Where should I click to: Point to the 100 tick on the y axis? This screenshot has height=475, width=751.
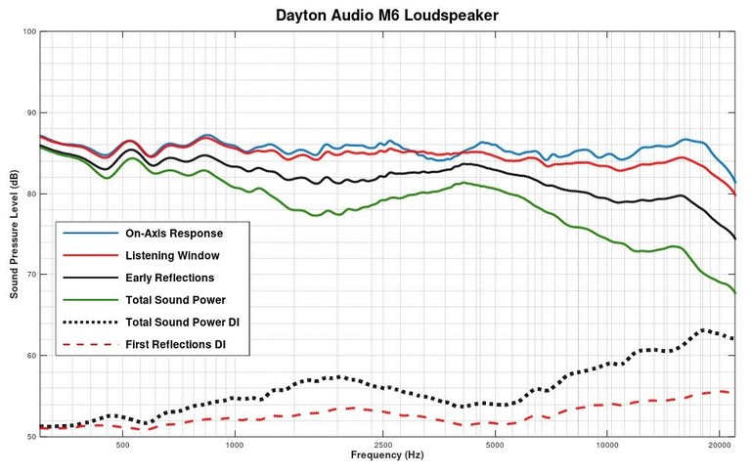[x=29, y=32]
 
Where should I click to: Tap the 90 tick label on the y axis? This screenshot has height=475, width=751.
[x=29, y=113]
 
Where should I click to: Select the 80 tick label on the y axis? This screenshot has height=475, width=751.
[x=29, y=194]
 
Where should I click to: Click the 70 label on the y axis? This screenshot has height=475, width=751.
[x=29, y=275]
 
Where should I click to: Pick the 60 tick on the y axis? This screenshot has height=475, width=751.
[x=29, y=356]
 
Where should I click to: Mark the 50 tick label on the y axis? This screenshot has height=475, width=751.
[x=29, y=437]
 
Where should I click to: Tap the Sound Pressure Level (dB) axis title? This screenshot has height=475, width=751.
[x=13, y=234]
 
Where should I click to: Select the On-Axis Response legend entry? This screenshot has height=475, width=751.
[x=174, y=234]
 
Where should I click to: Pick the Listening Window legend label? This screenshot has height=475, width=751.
[x=171, y=255]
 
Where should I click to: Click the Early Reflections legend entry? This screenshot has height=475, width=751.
[x=170, y=278]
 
